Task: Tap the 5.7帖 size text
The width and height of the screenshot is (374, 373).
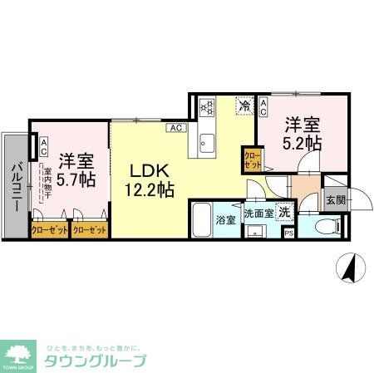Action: click(x=76, y=179)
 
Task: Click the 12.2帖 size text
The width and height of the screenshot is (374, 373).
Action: click(x=150, y=190)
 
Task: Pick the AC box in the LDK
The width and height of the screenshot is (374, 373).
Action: click(x=175, y=128)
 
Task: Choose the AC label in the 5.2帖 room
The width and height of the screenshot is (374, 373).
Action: click(x=263, y=106)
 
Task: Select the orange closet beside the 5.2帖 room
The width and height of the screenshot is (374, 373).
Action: click(x=251, y=160)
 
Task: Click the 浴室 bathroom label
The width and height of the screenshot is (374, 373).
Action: click(x=226, y=220)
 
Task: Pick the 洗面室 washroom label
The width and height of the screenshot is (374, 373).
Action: click(x=258, y=211)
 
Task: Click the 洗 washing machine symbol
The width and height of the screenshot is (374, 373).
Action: click(x=284, y=211)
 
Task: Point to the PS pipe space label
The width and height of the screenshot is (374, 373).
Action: click(x=289, y=233)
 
